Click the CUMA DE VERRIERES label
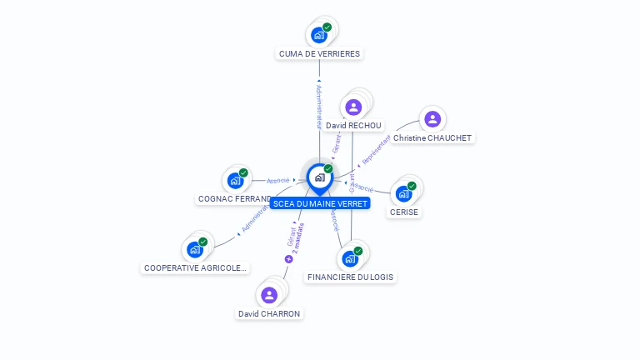pyautogui.click(x=320, y=53)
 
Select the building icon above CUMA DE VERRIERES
pyautogui.click(x=318, y=35)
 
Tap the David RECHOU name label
pyautogui.click(x=353, y=126)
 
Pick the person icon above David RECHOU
pyautogui.click(x=353, y=107)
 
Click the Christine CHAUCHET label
pyautogui.click(x=432, y=137)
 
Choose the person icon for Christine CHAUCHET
pyautogui.click(x=432, y=119)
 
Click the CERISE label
pyautogui.click(x=404, y=212)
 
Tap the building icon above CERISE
pyautogui.click(x=403, y=193)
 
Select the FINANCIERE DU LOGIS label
pyautogui.click(x=351, y=277)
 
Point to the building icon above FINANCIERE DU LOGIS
pyautogui.click(x=350, y=258)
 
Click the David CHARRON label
pyautogui.click(x=269, y=313)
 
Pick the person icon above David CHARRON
pyautogui.click(x=268, y=295)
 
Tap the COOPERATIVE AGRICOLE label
pyautogui.click(x=196, y=267)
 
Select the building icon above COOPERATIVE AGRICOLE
pyautogui.click(x=195, y=249)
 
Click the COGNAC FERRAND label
pyautogui.click(x=235, y=199)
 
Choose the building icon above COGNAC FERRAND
pyautogui.click(x=235, y=180)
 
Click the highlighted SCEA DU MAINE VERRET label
pyautogui.click(x=319, y=203)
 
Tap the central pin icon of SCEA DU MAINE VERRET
pyautogui.click(x=319, y=177)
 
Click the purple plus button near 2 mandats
pyautogui.click(x=289, y=259)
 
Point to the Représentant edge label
pyautogui.click(x=374, y=152)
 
